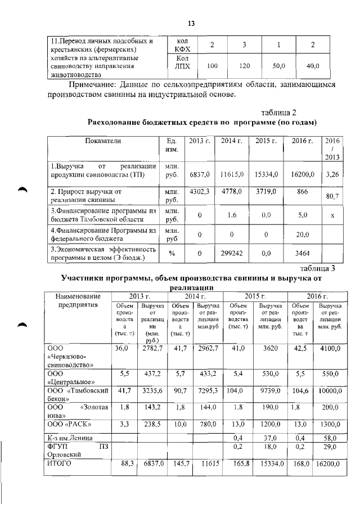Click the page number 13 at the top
pyautogui.click(x=190, y=23)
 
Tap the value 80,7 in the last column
pyautogui.click(x=332, y=197)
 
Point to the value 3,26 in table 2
pyautogui.click(x=332, y=175)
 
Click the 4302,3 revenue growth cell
pyautogui.click(x=199, y=192)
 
